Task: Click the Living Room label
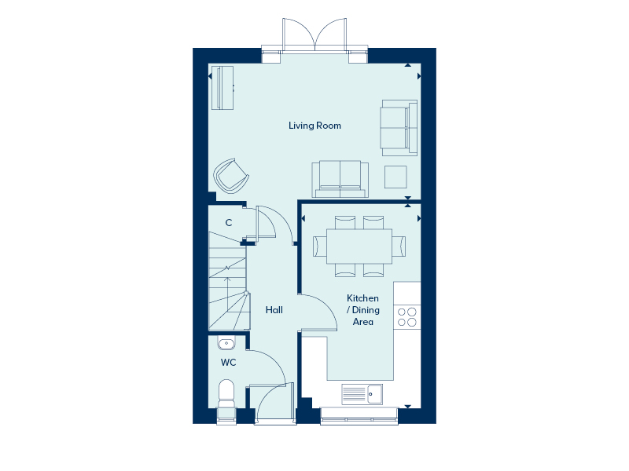click(314, 126)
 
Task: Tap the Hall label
click(274, 310)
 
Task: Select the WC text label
click(228, 363)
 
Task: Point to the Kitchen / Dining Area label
click(362, 310)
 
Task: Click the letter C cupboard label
click(229, 223)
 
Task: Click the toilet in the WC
click(226, 392)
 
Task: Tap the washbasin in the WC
click(226, 343)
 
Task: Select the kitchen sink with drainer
click(362, 393)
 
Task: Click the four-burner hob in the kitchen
click(407, 316)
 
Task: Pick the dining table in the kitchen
click(359, 246)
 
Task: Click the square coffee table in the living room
click(395, 177)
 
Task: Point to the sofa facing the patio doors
click(340, 178)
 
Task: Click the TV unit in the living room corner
click(223, 87)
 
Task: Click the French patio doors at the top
click(314, 35)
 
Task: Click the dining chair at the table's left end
click(320, 246)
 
